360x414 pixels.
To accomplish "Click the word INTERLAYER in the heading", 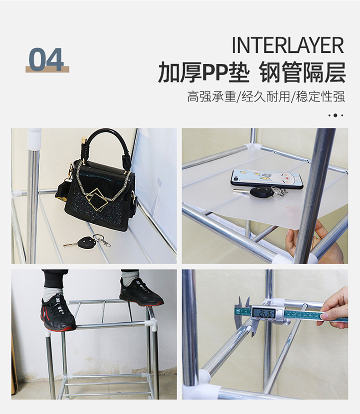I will pyautogui.click(x=288, y=46).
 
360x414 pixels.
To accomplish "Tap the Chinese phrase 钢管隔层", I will pyautogui.click(x=303, y=73).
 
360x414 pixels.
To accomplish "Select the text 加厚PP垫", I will pyautogui.click(x=204, y=73).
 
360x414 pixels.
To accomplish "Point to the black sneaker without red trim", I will pyautogui.click(x=140, y=293).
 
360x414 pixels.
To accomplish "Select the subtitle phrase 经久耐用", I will pyautogui.click(x=266, y=97).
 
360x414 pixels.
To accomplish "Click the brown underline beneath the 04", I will pyautogui.click(x=47, y=70).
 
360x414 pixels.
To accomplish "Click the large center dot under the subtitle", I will pyautogui.click(x=335, y=115).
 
